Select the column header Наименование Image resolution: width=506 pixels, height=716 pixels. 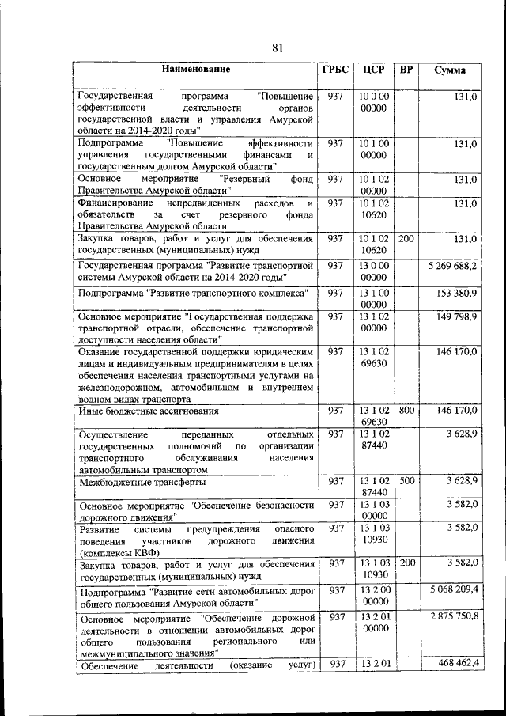(x=195, y=70)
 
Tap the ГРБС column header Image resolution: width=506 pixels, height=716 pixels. (x=334, y=70)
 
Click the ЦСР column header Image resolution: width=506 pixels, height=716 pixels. (x=372, y=70)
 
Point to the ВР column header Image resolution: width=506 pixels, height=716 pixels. (x=406, y=70)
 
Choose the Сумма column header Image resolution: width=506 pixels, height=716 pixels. (x=450, y=70)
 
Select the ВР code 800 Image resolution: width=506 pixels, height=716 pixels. (x=406, y=410)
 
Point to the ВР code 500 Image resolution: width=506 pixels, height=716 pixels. (x=406, y=479)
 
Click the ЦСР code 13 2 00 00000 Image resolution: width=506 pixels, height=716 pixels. (x=372, y=595)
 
